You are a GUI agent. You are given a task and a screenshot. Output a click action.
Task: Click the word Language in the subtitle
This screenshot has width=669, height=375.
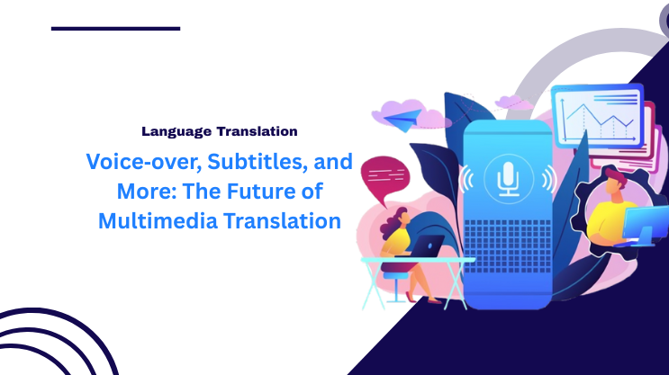[176, 131]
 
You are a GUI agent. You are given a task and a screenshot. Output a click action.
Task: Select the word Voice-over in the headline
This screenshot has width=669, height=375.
[144, 162]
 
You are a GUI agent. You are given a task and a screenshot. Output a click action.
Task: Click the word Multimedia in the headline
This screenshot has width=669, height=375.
[158, 220]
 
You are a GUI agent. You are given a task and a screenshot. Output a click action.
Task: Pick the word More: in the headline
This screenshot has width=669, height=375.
[147, 191]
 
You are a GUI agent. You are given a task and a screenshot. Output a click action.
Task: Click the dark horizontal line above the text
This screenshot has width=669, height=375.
[115, 29]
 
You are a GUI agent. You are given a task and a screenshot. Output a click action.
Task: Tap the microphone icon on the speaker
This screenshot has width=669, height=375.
[508, 179]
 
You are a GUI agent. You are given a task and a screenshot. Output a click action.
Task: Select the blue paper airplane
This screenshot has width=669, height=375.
[402, 119]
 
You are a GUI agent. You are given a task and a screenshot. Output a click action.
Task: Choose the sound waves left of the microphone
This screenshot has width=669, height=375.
[467, 179]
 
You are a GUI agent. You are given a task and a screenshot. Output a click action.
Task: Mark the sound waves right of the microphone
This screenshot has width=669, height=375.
[549, 179]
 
